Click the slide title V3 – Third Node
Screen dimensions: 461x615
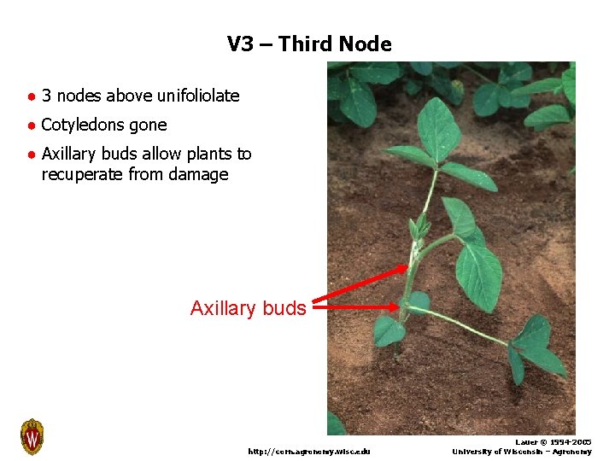click(309, 44)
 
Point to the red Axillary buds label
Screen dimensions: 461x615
click(248, 308)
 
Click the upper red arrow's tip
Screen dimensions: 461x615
click(407, 267)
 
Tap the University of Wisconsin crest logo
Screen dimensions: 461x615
click(32, 436)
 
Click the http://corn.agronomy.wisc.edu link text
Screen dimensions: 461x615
click(308, 451)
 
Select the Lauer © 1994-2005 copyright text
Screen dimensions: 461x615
click(553, 442)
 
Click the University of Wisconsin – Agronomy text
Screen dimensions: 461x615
click(521, 452)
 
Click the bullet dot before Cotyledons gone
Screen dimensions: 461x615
click(30, 125)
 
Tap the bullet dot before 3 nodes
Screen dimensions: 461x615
click(30, 96)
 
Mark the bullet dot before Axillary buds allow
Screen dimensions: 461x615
click(30, 155)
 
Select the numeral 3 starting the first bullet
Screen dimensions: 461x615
click(46, 96)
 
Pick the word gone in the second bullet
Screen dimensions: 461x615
click(149, 125)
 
